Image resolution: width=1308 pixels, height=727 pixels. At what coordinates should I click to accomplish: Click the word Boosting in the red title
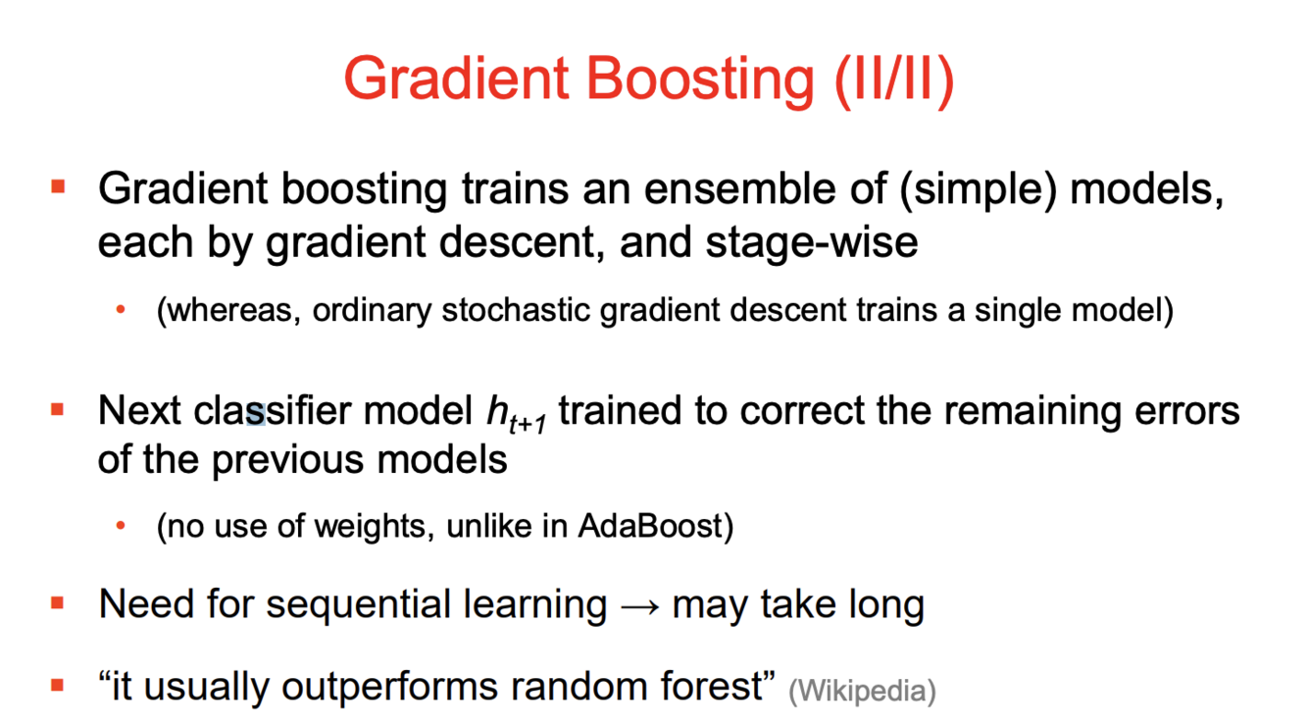(x=699, y=80)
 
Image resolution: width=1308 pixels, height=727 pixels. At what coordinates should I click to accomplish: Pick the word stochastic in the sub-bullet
(x=516, y=310)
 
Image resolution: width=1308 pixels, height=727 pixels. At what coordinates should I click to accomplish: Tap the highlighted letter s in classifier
(x=256, y=414)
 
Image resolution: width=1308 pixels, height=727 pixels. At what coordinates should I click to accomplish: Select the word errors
(x=1186, y=411)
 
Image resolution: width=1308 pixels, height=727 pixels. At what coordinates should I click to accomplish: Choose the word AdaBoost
(x=650, y=525)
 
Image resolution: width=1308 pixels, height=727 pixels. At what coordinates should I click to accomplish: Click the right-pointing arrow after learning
(x=639, y=607)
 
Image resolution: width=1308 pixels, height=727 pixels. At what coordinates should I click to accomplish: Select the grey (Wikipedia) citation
(x=862, y=691)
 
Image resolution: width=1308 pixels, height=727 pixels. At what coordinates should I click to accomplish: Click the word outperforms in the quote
(x=390, y=688)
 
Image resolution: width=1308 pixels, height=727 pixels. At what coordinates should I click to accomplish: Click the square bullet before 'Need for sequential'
(x=57, y=602)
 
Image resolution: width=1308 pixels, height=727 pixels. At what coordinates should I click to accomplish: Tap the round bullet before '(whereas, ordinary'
(x=121, y=309)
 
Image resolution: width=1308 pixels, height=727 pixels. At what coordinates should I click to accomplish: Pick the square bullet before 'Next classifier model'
(x=57, y=409)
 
